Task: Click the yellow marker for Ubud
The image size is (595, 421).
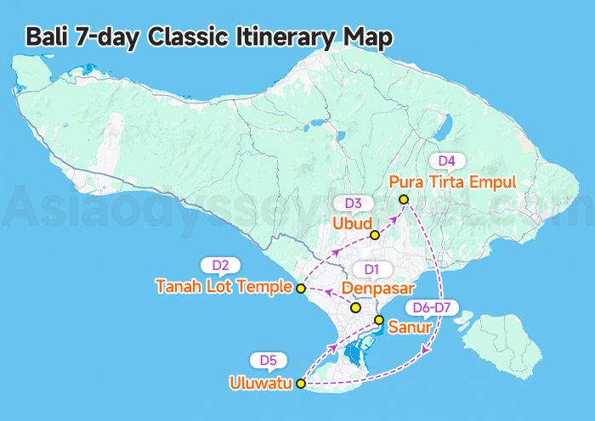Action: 375,235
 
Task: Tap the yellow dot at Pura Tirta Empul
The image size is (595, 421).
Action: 404,199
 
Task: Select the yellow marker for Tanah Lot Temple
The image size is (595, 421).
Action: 300,289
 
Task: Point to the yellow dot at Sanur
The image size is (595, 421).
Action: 379,320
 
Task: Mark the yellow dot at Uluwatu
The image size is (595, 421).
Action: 299,385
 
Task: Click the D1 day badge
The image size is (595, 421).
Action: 371,270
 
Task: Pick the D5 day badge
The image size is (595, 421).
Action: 268,361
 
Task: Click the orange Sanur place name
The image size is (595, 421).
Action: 411,326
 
